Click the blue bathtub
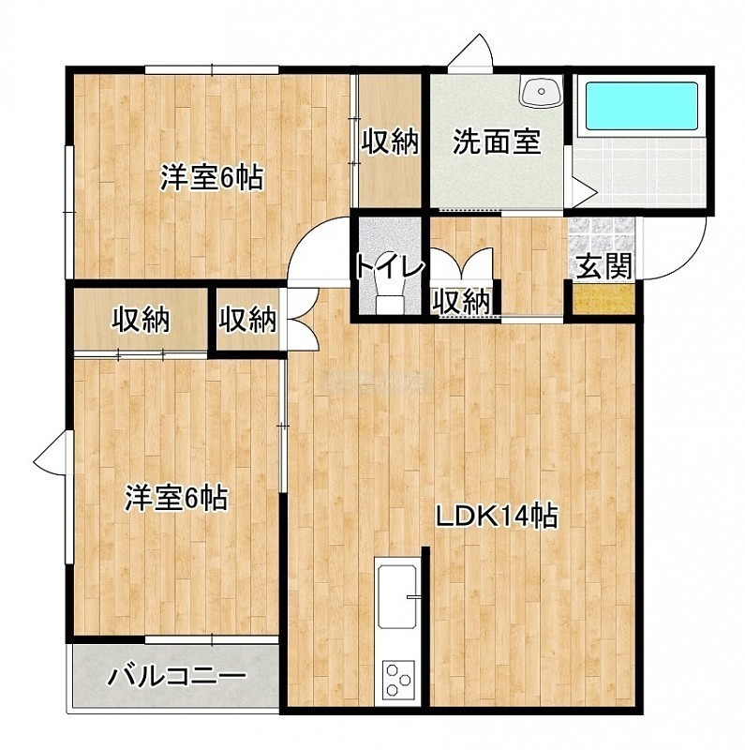(642, 106)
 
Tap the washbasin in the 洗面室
(542, 91)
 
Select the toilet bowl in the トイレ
(388, 296)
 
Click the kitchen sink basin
(396, 597)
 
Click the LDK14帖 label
(496, 517)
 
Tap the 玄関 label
(604, 266)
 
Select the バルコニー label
(176, 676)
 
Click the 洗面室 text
(497, 142)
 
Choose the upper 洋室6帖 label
(212, 177)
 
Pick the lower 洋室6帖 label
(176, 498)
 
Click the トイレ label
(390, 267)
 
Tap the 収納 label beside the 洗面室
(390, 142)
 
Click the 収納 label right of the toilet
(461, 301)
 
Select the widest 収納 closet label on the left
(142, 320)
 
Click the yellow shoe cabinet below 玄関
(603, 299)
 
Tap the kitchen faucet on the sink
(413, 596)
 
